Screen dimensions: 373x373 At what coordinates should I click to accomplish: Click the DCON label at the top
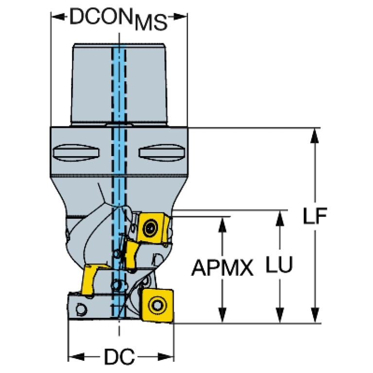click(x=101, y=17)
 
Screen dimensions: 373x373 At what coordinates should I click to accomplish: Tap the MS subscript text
click(x=151, y=22)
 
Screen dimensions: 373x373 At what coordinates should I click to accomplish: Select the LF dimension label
click(x=315, y=216)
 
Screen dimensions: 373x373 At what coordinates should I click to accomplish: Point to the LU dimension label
click(x=279, y=264)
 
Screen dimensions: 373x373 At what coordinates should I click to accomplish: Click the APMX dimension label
click(x=222, y=268)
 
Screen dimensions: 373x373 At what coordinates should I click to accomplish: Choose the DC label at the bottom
click(x=120, y=356)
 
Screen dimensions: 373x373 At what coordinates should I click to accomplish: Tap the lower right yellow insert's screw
click(x=157, y=305)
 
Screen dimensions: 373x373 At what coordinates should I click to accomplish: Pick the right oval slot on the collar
click(x=162, y=152)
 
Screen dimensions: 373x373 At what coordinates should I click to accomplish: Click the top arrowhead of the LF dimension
click(x=315, y=136)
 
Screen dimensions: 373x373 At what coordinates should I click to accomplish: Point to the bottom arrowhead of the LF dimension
click(x=315, y=316)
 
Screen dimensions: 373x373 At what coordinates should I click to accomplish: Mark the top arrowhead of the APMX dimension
click(x=222, y=225)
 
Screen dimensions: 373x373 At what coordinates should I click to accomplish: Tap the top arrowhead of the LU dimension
click(x=280, y=218)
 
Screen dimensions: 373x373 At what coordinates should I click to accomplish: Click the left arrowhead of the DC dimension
click(x=76, y=356)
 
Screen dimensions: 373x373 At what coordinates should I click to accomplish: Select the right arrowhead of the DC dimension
click(x=166, y=356)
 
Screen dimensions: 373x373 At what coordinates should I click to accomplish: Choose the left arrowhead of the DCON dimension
click(x=58, y=17)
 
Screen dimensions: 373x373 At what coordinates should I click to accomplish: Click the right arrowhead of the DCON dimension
click(x=180, y=17)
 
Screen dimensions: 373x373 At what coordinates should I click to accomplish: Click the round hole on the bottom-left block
click(x=81, y=309)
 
